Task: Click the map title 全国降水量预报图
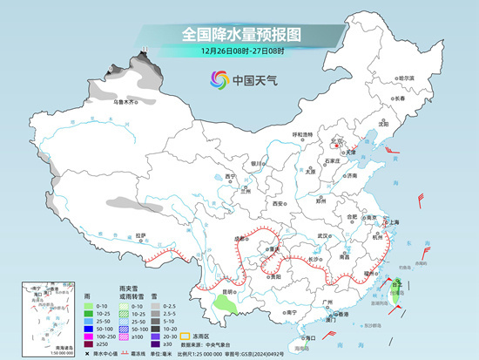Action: coord(241,34)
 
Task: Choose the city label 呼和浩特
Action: coord(302,134)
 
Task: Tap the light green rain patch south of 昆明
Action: coord(227,305)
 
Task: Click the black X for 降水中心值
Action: coord(87,353)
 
